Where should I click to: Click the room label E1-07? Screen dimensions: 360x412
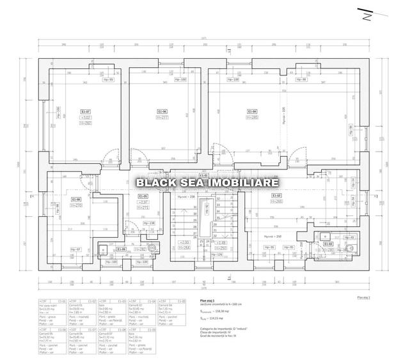pos(85,111)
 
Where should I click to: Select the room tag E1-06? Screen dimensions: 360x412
pos(162,111)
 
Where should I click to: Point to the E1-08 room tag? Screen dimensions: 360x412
pos(76,199)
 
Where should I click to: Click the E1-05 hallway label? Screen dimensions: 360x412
pos(143,196)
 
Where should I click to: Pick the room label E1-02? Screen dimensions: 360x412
pos(276,195)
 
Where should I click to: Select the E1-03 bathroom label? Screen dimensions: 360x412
pos(328,244)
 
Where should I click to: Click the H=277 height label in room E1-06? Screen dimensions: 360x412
pos(162,118)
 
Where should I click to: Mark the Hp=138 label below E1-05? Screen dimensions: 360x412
pos(148,223)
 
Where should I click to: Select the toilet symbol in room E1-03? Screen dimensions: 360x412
pos(349,247)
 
